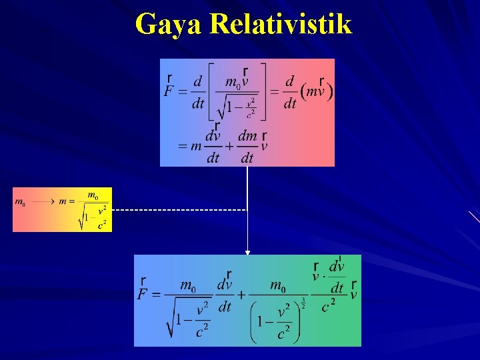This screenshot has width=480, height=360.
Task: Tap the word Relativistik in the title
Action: click(x=280, y=24)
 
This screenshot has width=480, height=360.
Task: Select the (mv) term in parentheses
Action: click(x=317, y=92)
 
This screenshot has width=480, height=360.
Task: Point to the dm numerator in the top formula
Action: click(x=247, y=136)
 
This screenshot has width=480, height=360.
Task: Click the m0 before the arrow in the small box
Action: click(x=21, y=201)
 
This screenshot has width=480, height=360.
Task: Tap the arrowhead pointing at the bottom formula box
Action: click(x=247, y=252)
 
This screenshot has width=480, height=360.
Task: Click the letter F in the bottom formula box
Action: click(x=143, y=295)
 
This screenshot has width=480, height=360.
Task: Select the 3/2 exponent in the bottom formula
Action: click(x=303, y=303)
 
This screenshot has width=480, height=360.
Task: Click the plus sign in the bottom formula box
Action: click(x=241, y=294)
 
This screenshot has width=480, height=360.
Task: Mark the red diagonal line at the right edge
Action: click(x=474, y=216)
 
